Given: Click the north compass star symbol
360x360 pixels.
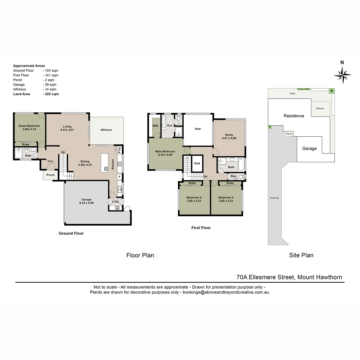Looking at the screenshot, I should point(342,75).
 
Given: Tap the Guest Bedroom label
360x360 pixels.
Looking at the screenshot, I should point(29,126).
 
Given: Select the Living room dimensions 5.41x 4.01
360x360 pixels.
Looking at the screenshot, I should point(67,130).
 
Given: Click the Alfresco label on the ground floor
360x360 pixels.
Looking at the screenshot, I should point(106,130).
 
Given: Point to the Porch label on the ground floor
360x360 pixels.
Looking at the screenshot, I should point(51,175).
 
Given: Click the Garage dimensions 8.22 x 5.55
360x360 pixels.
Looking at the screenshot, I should point(86,203).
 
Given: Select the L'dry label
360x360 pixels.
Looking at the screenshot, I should point(115,201).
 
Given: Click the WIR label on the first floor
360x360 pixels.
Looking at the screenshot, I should point(155,126).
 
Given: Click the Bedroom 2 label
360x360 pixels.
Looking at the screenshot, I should point(194,197).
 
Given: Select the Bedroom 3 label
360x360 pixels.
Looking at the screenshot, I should point(226,197).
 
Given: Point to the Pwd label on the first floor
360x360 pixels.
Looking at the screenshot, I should point(233,176).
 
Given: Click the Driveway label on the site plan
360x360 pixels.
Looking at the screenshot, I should point(275,198).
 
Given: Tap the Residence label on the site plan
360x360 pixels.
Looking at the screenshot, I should point(294,116).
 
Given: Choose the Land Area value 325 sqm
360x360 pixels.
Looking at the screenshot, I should point(51,94).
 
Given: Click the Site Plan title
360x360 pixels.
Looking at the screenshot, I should point(301,255).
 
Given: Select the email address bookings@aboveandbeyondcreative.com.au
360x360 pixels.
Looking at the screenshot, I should point(225,292).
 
